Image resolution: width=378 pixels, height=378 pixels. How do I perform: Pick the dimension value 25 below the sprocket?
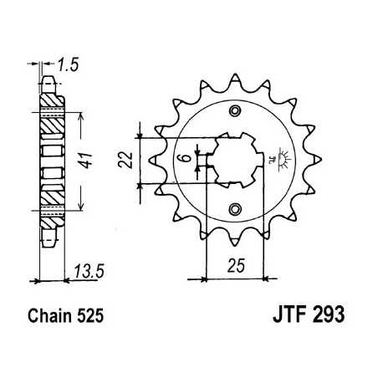click(235, 267)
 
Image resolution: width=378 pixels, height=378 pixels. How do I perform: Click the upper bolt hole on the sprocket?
click(236, 113)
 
